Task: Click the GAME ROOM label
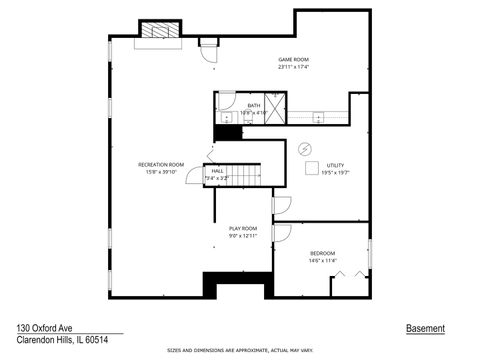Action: coord(292,60)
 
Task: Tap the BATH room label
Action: coord(254,104)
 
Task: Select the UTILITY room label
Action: coord(335,164)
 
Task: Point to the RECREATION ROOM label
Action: coord(161,164)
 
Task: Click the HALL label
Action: coord(217,171)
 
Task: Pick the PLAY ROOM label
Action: coord(243,229)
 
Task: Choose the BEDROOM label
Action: coord(322,253)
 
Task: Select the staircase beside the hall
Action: coord(246,177)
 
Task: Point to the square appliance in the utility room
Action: coord(310,168)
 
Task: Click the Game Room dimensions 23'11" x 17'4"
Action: coord(292,68)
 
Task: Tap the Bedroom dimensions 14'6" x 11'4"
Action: coord(322,261)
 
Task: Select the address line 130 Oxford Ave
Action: coord(43,328)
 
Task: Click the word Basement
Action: coord(425,328)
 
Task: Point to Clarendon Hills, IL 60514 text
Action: coord(61,340)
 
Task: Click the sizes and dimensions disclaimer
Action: coord(240,351)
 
